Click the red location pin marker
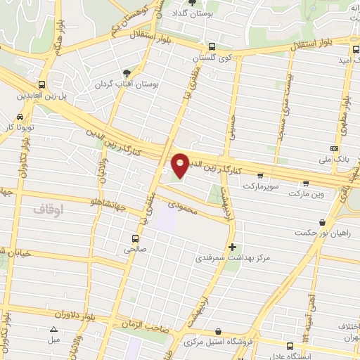click(x=180, y=165)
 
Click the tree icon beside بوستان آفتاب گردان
click(x=127, y=73)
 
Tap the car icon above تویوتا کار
click(x=19, y=117)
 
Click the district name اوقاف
click(x=49, y=209)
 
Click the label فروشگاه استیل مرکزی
click(x=218, y=342)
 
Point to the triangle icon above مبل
click(x=53, y=329)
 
